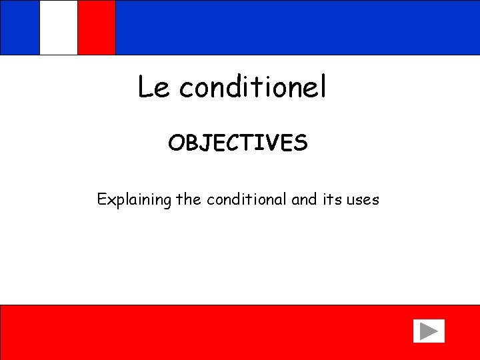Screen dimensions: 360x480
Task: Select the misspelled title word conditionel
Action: [x=253, y=87]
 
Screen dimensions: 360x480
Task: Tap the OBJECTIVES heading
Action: [x=238, y=143]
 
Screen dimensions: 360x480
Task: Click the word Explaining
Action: [x=134, y=199]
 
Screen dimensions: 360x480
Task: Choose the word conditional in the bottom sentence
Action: [x=247, y=199]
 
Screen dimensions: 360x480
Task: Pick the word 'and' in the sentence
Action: [x=305, y=199]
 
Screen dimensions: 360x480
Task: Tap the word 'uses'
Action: [x=363, y=200]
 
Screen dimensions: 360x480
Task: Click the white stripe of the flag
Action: [x=59, y=27]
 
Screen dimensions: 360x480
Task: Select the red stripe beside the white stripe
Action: [x=97, y=27]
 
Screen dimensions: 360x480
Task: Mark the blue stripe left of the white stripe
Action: [x=20, y=27]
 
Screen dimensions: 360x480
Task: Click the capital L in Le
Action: [x=145, y=87]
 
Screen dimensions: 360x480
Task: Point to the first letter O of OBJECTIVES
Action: [x=176, y=143]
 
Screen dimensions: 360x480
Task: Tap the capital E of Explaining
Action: [x=102, y=199]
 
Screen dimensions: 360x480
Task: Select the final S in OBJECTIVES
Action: [x=301, y=143]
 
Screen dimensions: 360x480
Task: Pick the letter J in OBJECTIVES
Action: [x=207, y=143]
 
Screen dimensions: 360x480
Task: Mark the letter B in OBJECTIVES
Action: [x=192, y=143]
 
